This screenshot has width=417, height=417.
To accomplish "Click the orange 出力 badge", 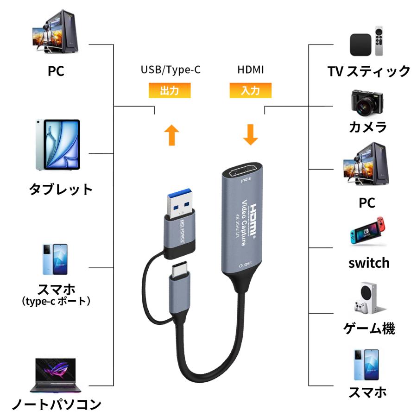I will pyautogui.click(x=169, y=90).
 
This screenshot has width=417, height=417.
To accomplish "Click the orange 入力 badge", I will pyautogui.click(x=250, y=90).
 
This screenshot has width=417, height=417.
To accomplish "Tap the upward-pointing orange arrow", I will pyautogui.click(x=171, y=134).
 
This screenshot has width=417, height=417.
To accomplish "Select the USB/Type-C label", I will pyautogui.click(x=171, y=70).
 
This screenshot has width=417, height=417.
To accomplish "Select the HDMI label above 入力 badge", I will pyautogui.click(x=250, y=70).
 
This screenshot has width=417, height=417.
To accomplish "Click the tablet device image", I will pyautogui.click(x=57, y=145).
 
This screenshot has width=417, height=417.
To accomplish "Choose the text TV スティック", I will pyautogui.click(x=369, y=71).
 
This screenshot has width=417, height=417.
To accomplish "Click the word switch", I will pyautogui.click(x=369, y=263).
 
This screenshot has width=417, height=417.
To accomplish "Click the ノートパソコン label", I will pyautogui.click(x=56, y=404).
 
